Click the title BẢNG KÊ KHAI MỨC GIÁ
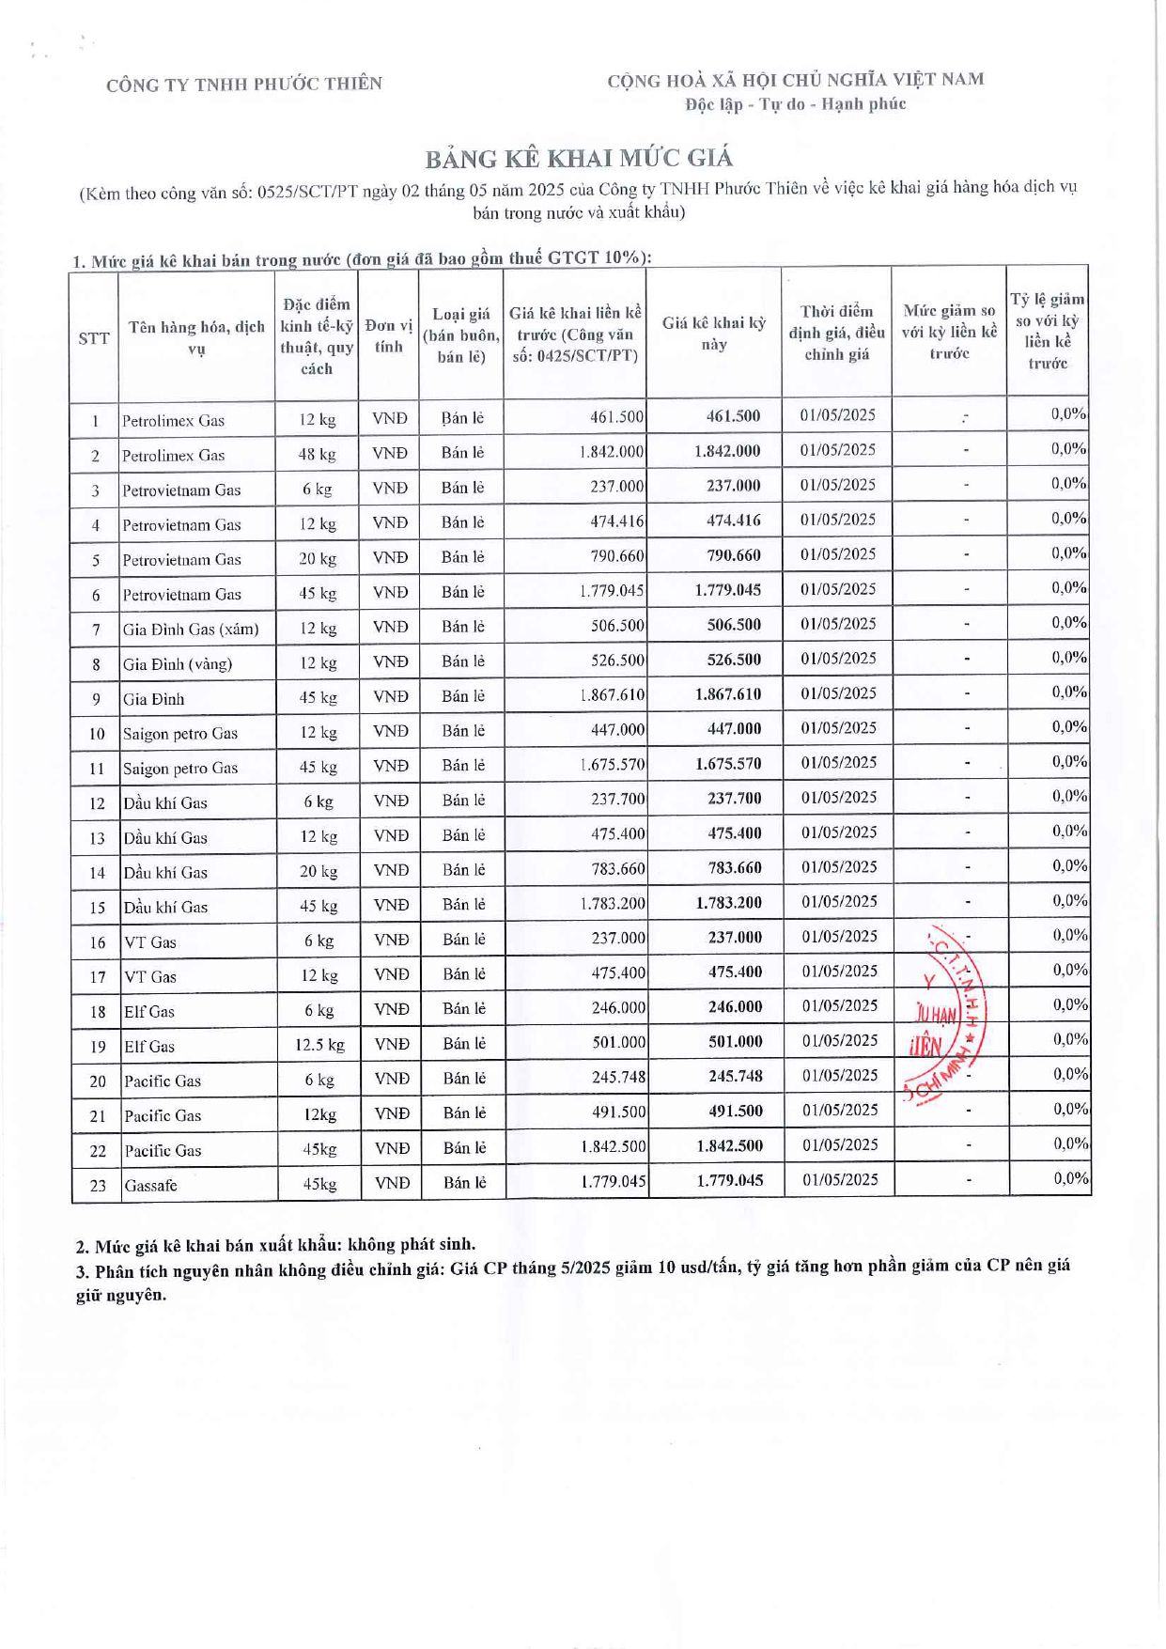tap(579, 157)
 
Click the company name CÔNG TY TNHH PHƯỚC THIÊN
tap(244, 85)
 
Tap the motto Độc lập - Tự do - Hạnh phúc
tap(795, 104)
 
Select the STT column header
tap(94, 338)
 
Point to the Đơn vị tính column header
tap(389, 335)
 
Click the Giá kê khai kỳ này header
tap(714, 334)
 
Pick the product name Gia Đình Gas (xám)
tap(191, 630)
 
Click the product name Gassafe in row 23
tap(150, 1186)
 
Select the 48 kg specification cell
tap(318, 455)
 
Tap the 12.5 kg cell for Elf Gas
tap(319, 1045)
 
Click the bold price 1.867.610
tap(728, 694)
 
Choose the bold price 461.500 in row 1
tap(734, 416)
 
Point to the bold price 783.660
tap(734, 868)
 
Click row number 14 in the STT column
tap(97, 873)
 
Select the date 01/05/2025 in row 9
tap(838, 693)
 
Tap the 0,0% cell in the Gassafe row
tap(1070, 1178)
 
